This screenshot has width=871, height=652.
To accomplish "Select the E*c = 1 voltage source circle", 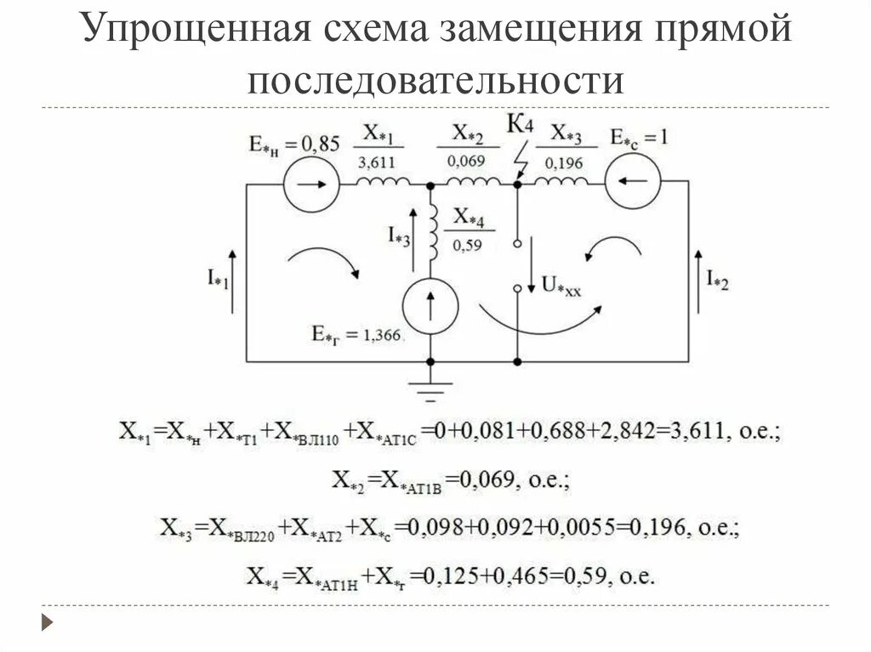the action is (x=633, y=181).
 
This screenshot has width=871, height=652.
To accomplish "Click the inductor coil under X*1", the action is (x=382, y=182).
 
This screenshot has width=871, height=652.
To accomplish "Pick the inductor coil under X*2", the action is (x=473, y=182).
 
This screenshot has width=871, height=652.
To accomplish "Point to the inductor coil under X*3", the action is (x=560, y=182).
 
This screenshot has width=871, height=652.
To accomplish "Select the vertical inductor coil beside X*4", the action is (x=432, y=231).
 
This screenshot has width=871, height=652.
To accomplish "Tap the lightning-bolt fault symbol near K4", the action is (x=522, y=157).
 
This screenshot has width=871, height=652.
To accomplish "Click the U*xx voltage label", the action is (x=562, y=286).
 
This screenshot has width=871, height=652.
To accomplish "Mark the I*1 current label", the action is (x=216, y=277).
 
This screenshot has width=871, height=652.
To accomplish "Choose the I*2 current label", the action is (x=717, y=277).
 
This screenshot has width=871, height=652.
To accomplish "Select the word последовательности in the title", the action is (x=435, y=81).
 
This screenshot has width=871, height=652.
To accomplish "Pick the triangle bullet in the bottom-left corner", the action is (x=48, y=623).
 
